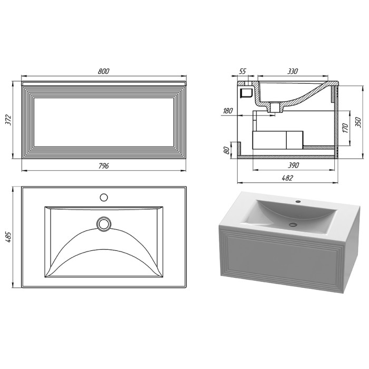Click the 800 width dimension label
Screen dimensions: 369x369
pos(103,71)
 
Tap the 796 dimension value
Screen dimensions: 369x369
pos(103,166)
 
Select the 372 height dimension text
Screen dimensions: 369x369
pos(8,120)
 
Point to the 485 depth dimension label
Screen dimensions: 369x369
pos(8,237)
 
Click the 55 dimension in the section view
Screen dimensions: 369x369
pos(242,71)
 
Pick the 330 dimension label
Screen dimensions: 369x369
pos(293,71)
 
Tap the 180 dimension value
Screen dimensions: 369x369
pos(228,111)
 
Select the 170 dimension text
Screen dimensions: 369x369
pos(345,128)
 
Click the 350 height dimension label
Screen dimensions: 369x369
pos(358,122)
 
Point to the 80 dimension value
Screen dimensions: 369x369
pos(226,150)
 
